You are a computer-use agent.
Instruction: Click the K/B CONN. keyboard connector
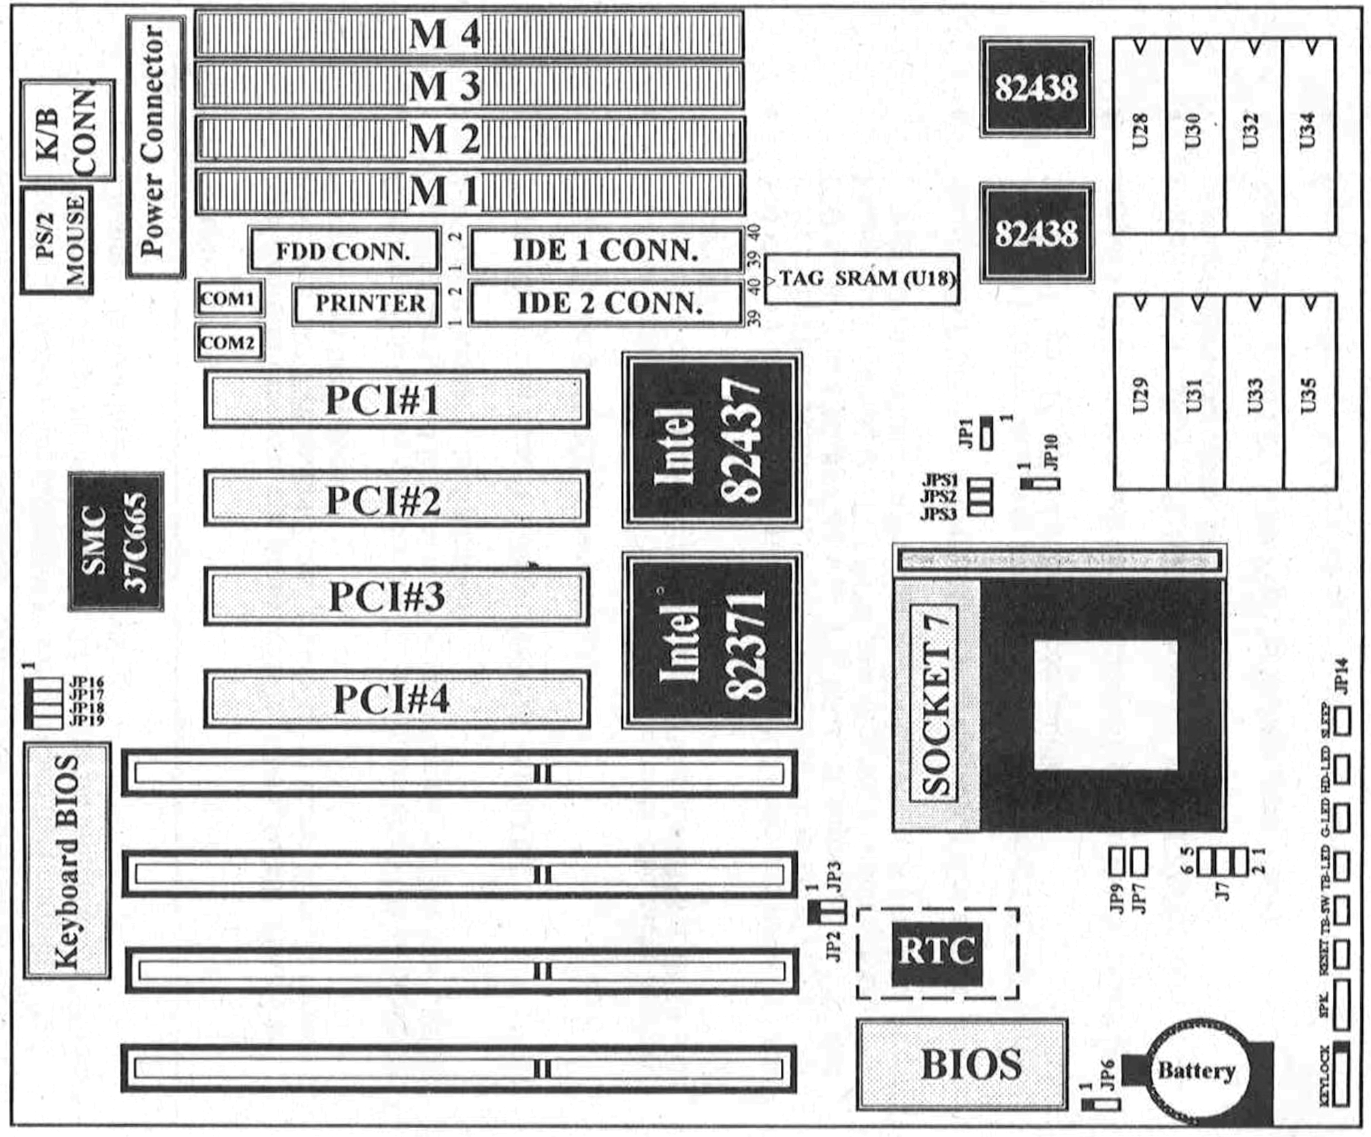(x=67, y=131)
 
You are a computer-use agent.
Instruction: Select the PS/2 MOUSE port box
(x=57, y=240)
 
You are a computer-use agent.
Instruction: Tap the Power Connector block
(x=155, y=146)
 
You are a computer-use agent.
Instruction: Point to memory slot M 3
(x=470, y=86)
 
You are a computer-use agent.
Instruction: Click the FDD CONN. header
(x=344, y=251)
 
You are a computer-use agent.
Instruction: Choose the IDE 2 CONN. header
(x=606, y=304)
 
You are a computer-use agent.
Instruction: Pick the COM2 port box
(x=229, y=342)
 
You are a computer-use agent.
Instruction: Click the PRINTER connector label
(x=368, y=304)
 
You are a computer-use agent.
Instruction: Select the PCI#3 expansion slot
(x=396, y=597)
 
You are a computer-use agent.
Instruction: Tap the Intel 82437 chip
(x=712, y=441)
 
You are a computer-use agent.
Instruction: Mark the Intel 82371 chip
(x=712, y=640)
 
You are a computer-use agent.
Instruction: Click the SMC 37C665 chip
(x=116, y=541)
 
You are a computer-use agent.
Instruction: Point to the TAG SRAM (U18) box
(x=862, y=279)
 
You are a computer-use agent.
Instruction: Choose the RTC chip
(x=937, y=953)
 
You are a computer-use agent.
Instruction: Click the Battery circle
(x=1196, y=1071)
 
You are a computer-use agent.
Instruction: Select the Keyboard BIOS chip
(x=67, y=861)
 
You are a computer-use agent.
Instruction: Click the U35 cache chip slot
(x=1308, y=393)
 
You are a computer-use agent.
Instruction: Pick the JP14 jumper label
(x=1340, y=675)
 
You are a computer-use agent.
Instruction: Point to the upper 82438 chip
(x=1036, y=88)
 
